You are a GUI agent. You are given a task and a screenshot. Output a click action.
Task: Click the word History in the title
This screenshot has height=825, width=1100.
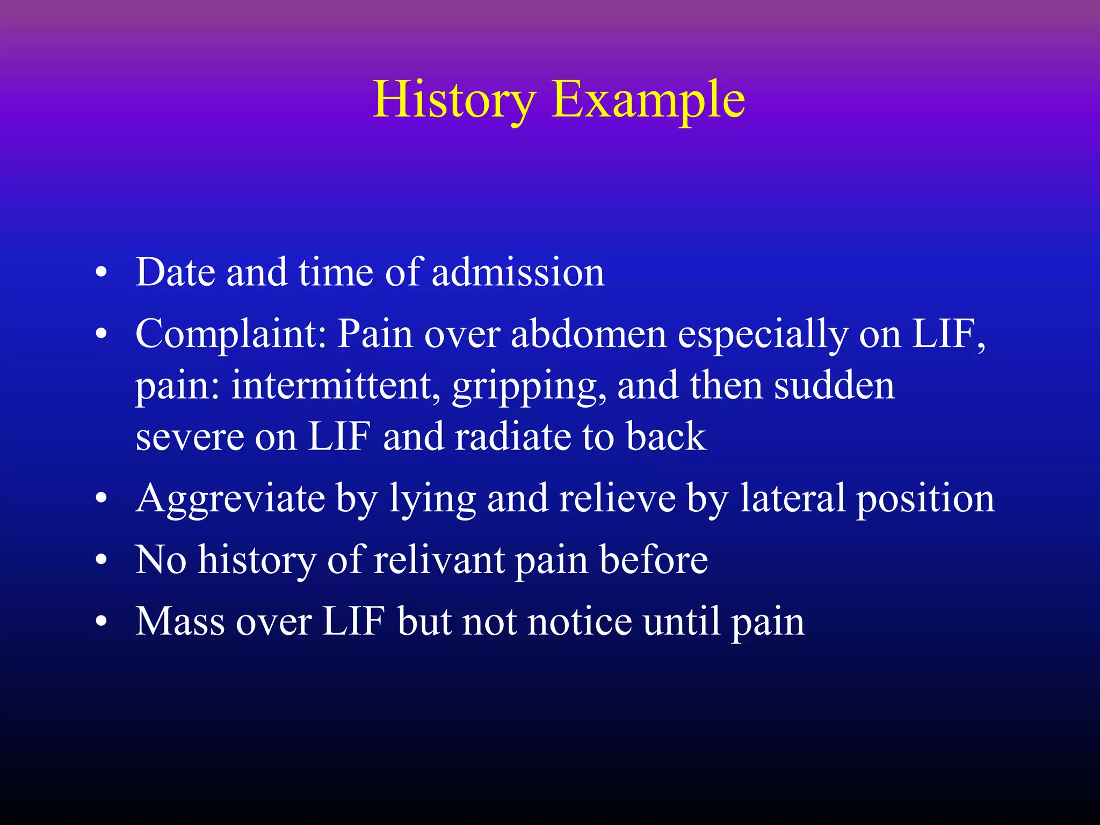(x=454, y=100)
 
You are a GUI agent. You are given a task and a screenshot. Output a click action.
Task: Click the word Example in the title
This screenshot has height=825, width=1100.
(x=648, y=100)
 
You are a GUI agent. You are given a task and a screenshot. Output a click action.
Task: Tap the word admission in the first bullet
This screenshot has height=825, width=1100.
(x=518, y=272)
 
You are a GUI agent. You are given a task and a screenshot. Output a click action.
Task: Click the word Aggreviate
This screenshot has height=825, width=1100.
(x=230, y=499)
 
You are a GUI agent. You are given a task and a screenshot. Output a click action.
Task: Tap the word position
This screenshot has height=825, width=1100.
(x=925, y=499)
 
